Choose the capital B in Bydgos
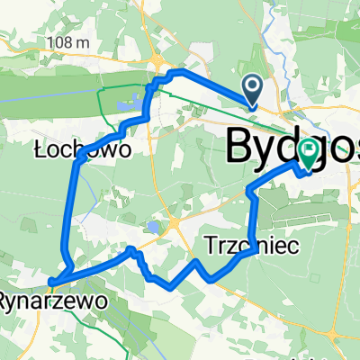(x=238, y=144)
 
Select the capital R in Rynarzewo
(x=5, y=298)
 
